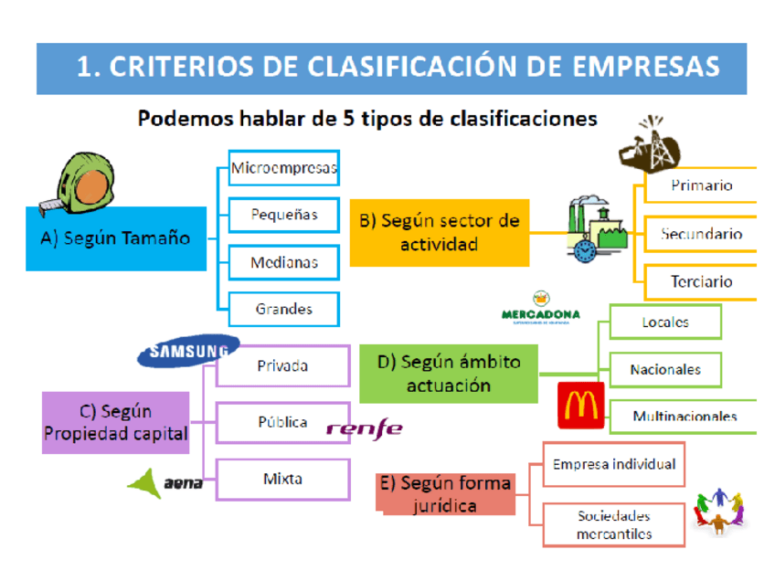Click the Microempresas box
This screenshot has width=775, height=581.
point(283,169)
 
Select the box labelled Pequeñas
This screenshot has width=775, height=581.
point(283,216)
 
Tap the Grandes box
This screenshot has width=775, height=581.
point(283,310)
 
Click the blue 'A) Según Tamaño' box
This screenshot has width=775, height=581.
point(116,238)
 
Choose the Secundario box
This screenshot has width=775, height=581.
point(701,235)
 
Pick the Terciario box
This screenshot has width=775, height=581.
point(701,282)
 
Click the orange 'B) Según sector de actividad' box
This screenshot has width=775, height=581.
point(440,233)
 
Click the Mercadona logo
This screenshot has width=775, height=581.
point(541,307)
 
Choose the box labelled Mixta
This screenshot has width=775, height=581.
point(283,478)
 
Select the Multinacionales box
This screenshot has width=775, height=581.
point(684,417)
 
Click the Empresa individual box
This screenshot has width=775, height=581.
point(614,465)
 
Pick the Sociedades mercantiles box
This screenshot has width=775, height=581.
point(614,525)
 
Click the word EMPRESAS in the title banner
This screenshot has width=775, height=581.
point(645,67)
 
